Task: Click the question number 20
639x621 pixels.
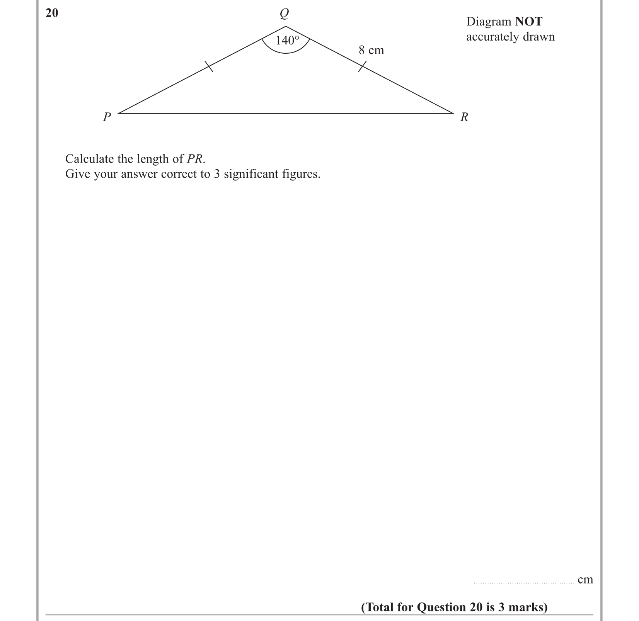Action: tap(52, 13)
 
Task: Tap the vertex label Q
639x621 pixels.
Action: tap(284, 14)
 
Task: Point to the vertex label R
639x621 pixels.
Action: tap(464, 117)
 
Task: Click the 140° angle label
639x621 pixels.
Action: tap(287, 40)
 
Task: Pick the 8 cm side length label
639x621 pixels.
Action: tap(371, 50)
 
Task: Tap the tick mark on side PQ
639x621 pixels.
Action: tap(208, 67)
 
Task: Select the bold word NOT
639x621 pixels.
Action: tap(528, 21)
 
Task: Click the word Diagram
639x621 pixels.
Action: tap(489, 22)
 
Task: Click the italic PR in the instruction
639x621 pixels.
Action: tap(195, 159)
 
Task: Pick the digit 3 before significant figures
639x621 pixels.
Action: tap(216, 174)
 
